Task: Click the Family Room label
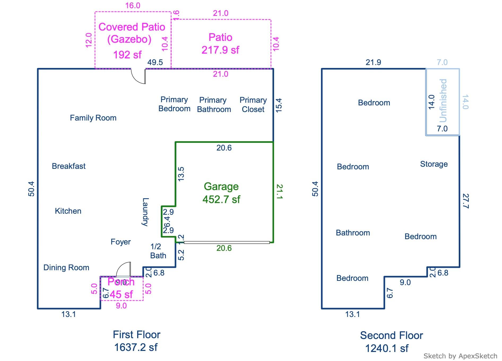[93, 118]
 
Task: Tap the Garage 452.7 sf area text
[221, 193]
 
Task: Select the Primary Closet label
[253, 105]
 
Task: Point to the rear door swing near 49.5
[139, 76]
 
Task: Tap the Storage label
[434, 164]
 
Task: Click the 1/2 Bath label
[158, 251]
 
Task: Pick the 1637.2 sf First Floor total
[136, 347]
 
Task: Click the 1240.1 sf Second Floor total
[387, 348]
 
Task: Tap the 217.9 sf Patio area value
[220, 50]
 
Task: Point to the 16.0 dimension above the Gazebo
[133, 6]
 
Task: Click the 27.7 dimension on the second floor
[465, 201]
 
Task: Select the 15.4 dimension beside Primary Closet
[279, 105]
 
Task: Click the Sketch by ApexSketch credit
[460, 356]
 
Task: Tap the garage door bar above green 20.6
[227, 242]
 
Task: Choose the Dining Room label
[66, 268]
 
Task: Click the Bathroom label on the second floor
[353, 233]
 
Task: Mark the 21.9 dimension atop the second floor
[373, 62]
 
